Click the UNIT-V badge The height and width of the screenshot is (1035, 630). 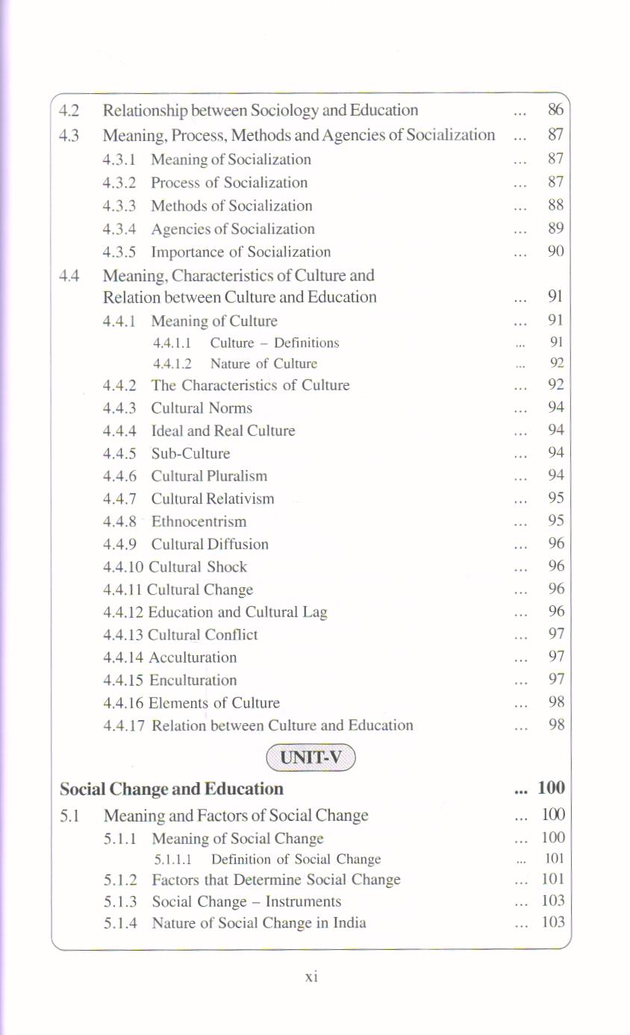point(311,757)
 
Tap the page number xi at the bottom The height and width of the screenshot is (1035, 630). point(312,976)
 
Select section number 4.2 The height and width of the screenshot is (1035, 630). point(69,110)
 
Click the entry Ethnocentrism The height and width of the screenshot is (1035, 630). point(199,522)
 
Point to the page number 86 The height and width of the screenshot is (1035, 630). point(555,110)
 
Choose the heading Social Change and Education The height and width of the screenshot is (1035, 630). point(172,789)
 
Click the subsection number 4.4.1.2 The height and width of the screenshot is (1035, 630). point(172,364)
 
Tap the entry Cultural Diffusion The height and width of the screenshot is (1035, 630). point(210,544)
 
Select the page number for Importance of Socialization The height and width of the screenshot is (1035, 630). point(555,251)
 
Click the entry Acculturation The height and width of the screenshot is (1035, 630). point(193,657)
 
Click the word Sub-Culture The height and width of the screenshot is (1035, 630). point(190,454)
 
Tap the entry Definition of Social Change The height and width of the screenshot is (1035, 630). point(296,860)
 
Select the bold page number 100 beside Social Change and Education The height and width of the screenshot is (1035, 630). point(551,789)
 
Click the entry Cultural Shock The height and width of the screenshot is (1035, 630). point(198,567)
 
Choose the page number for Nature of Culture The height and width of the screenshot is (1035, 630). point(556,364)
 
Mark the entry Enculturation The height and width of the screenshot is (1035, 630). point(193,681)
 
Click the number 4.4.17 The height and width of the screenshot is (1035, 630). point(125,725)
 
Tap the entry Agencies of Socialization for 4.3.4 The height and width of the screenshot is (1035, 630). point(232,229)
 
